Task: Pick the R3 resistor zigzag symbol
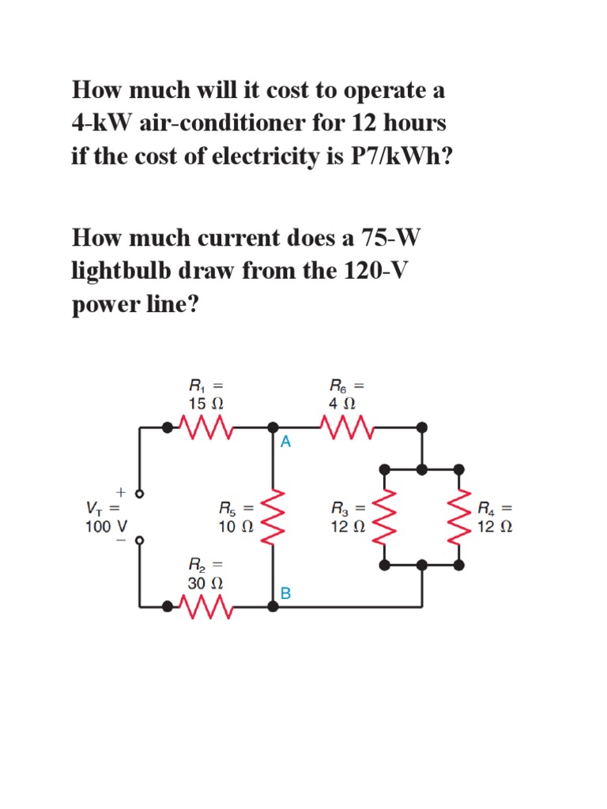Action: pos(385,517)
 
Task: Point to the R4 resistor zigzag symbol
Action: pos(459,517)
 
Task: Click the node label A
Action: pos(285,443)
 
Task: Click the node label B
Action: pos(285,593)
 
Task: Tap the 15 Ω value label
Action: pos(206,403)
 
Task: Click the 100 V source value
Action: pos(101,525)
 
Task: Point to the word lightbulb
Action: pos(132,271)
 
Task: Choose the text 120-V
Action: pos(377,271)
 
